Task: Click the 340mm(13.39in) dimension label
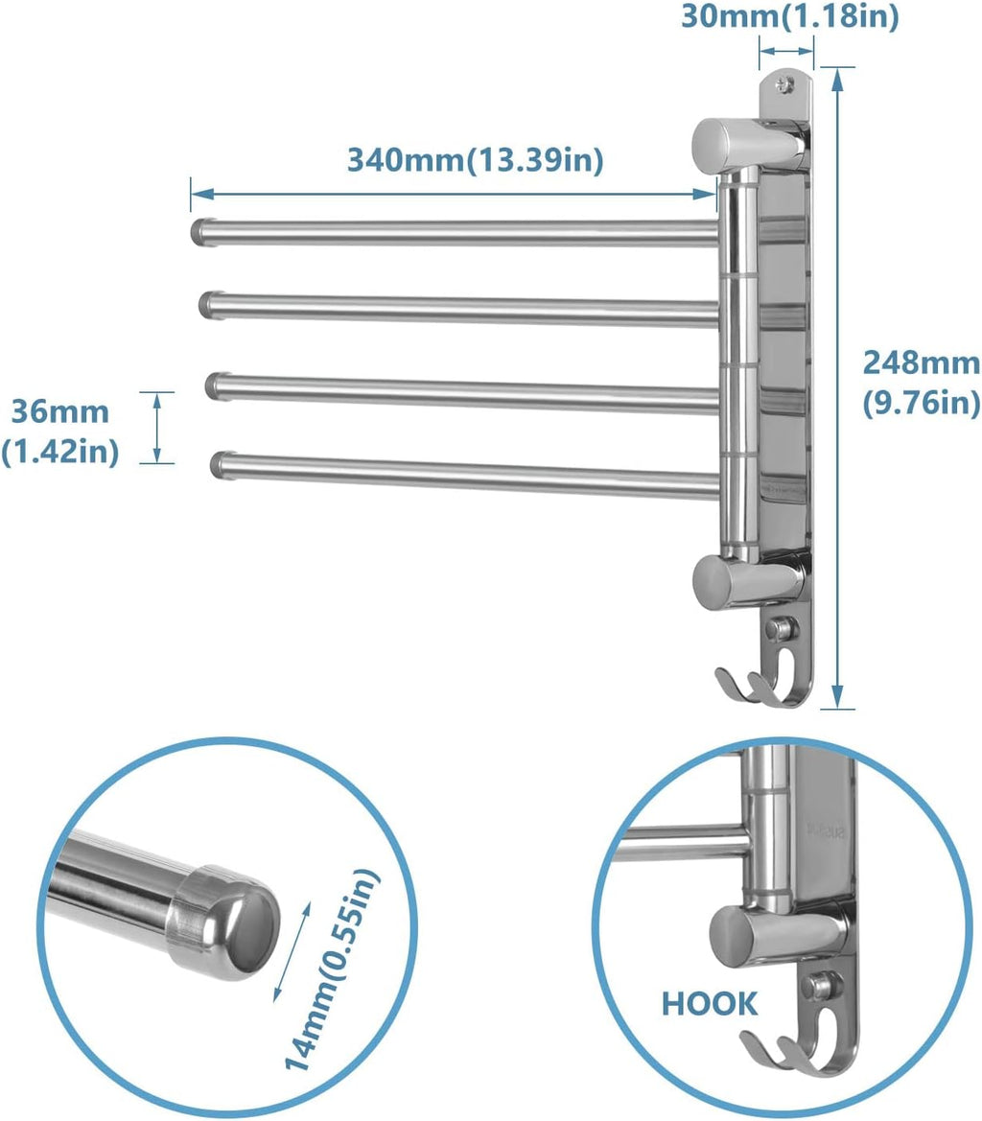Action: pos(475,159)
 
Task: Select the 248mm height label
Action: pos(922,382)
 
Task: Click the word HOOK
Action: pos(709,1004)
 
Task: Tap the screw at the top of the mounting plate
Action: pos(785,85)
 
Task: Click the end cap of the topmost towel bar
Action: pos(199,230)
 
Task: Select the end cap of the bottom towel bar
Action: pos(222,465)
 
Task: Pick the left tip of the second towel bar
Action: pos(209,304)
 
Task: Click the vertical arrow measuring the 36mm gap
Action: pos(157,428)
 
